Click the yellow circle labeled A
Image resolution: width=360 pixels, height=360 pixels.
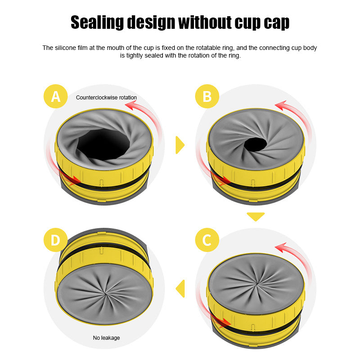[56, 96]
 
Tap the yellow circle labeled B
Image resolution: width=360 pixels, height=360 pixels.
[207, 96]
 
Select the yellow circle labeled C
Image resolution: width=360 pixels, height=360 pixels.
[207, 240]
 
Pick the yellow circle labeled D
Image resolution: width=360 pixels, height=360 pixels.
[56, 240]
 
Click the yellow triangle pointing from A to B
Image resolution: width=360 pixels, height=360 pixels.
[180, 144]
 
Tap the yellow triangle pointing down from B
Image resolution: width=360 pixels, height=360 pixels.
[256, 216]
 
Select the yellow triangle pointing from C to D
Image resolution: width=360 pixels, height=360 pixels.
[180, 288]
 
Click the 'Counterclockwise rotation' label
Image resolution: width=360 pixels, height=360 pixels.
[106, 97]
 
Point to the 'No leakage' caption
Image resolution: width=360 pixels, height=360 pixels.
[106, 337]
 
